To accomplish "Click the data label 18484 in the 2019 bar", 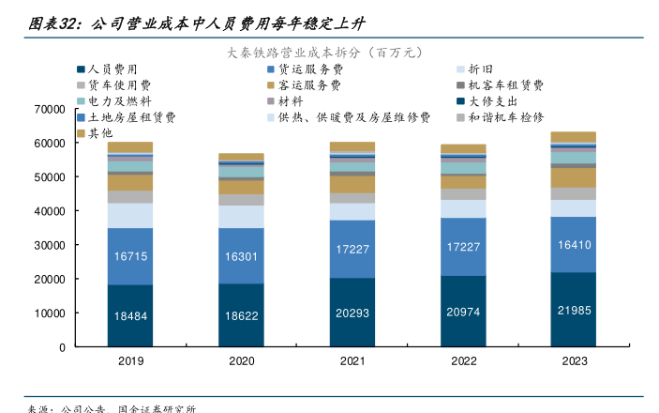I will click(130, 316).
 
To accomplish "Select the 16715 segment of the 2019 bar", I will click(130, 256).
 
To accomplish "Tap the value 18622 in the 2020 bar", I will click(241, 316).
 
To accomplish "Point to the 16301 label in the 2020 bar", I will click(241, 256).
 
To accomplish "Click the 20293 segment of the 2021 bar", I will click(352, 314).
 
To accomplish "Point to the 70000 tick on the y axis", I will click(49, 109).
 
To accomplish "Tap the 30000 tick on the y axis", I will click(49, 245).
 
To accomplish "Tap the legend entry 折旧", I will click(479, 69).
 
